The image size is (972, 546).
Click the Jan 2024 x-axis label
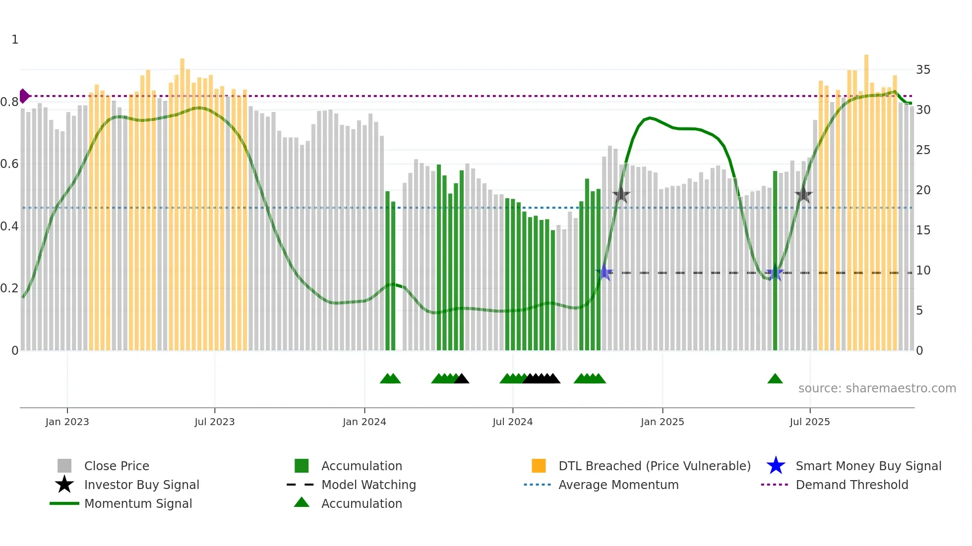point(364,422)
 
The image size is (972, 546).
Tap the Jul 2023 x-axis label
point(214,422)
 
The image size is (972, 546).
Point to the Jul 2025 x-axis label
point(809,422)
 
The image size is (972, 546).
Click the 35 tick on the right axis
point(923,70)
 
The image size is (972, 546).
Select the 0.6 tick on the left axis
point(9,164)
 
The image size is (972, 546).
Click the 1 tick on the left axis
point(15,40)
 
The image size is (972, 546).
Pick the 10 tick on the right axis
point(923,271)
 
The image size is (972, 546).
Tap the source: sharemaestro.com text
point(877,388)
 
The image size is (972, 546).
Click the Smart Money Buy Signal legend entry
point(868,466)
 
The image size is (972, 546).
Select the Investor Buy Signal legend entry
point(141,485)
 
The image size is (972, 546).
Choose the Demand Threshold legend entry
point(851,485)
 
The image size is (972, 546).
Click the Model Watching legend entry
point(368,485)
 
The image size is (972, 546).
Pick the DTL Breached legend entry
point(654,466)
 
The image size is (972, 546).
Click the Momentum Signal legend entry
point(138,504)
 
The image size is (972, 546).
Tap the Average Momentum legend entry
point(618,485)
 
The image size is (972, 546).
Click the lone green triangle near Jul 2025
point(775,379)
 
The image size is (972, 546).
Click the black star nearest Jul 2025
point(803,195)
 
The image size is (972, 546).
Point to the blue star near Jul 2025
point(775,273)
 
